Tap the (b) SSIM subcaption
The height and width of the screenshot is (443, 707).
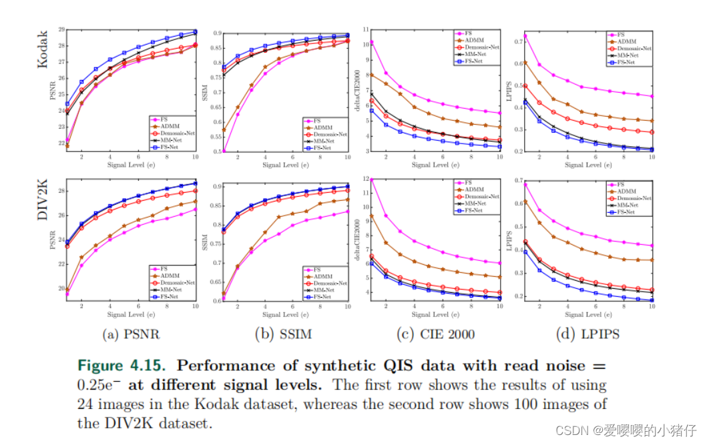(x=283, y=334)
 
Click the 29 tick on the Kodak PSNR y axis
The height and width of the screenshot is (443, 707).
(x=61, y=30)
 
